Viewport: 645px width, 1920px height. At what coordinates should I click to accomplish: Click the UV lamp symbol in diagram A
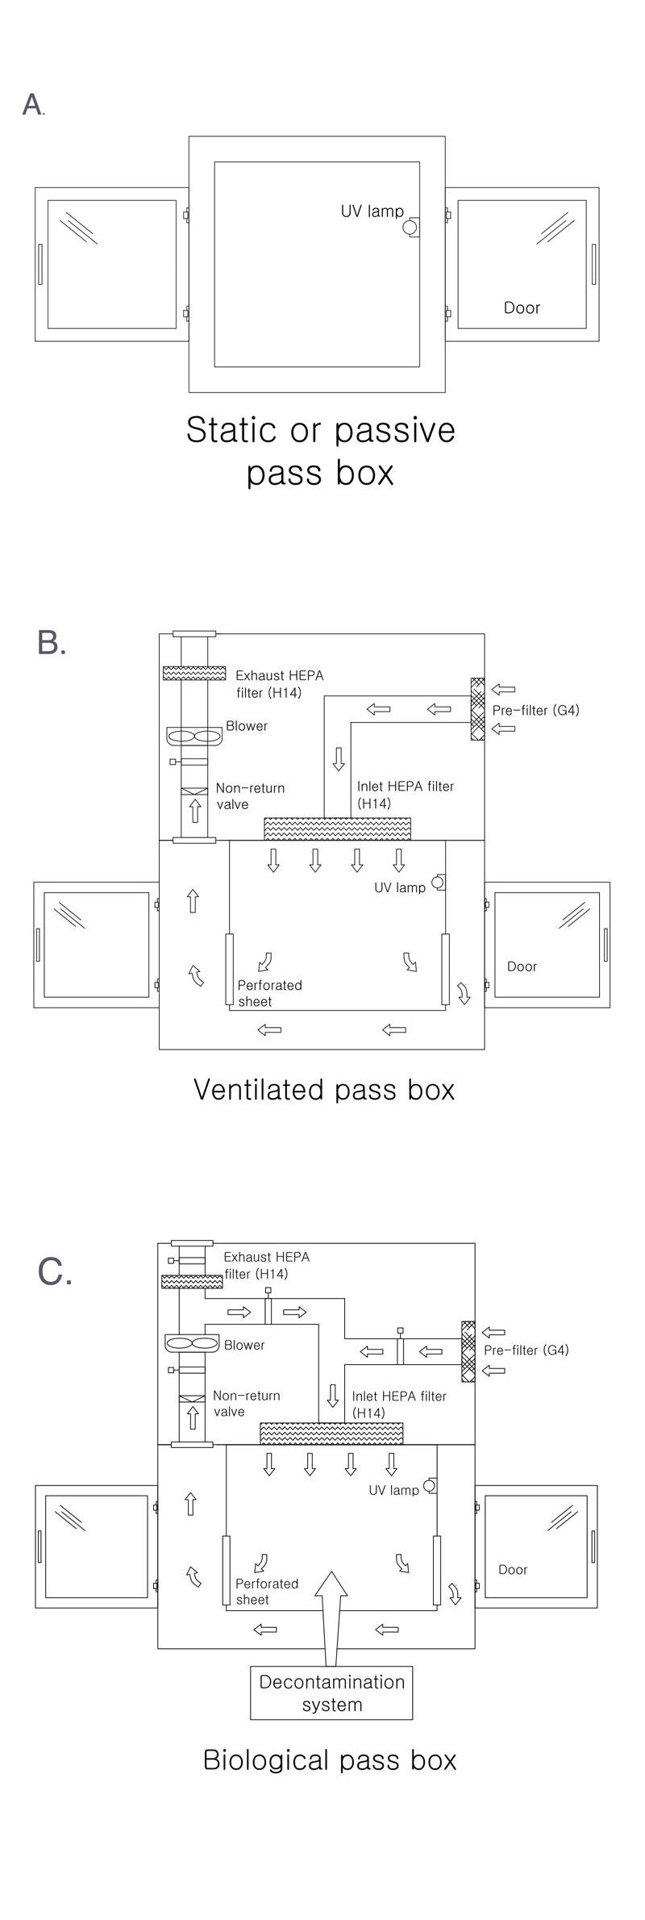pos(411,227)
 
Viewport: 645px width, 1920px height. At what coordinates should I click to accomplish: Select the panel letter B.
pos(51,643)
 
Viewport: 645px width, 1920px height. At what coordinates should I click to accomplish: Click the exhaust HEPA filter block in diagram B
pos(193,673)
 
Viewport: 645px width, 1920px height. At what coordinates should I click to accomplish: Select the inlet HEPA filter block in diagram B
pos(337,828)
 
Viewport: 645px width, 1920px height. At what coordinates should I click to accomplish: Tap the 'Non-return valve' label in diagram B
pos(250,796)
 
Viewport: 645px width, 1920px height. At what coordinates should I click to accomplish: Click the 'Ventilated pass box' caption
pos(324,1089)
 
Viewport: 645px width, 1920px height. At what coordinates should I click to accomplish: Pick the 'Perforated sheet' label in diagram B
pos(269,993)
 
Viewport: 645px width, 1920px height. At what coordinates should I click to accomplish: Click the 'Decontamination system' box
pos(331,1693)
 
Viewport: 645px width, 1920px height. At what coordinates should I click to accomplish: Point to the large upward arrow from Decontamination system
pos(331,1615)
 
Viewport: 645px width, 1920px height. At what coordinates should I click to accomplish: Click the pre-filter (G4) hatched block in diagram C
pos(468,1350)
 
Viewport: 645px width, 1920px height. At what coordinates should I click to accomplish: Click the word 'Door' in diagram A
pos(522,307)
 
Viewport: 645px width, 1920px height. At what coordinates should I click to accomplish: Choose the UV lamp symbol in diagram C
pos(430,1485)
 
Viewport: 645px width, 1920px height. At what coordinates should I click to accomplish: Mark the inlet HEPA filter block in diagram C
pos(331,1433)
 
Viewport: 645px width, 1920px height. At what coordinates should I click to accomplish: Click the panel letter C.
pos(54,1272)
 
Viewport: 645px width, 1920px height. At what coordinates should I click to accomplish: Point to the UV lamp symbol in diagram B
pos(439,883)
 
